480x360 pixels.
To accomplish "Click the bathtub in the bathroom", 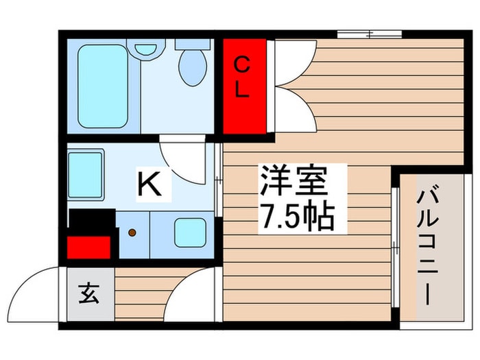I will coord(102,85).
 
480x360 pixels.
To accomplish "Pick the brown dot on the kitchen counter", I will coord(132,232).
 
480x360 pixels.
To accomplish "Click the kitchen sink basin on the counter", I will coord(190,232).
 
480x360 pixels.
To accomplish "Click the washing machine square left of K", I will coord(86,175).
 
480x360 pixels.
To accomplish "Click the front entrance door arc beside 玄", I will coord(43,291).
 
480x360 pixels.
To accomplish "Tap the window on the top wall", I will coord(369,32).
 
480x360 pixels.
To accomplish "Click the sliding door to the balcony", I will coord(396,247).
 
